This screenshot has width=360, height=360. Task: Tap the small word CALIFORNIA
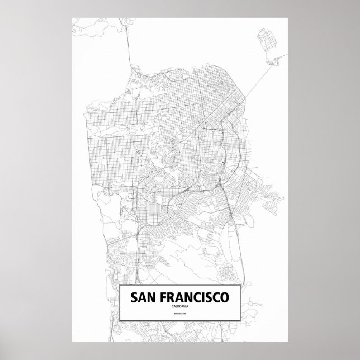180,306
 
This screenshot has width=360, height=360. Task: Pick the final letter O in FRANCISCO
225,298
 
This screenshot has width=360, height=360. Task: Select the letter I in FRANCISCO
203,298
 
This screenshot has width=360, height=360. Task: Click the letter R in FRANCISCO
169,298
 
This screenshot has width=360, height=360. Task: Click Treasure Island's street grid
263,40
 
